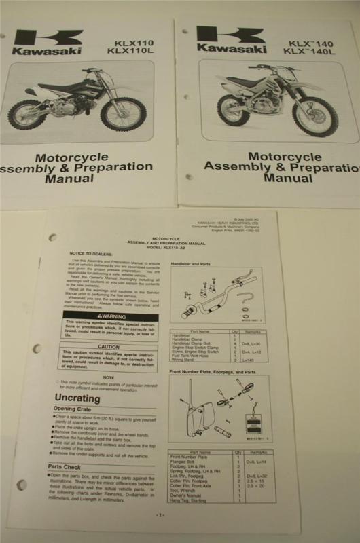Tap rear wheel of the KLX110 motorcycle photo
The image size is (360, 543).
click(27, 115)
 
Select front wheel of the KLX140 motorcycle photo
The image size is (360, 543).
click(315, 117)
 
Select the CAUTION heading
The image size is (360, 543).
click(108, 346)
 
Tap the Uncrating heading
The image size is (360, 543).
click(77, 398)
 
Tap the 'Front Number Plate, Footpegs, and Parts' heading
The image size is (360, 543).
click(213, 372)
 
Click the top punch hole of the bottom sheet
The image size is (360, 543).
click(52, 238)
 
